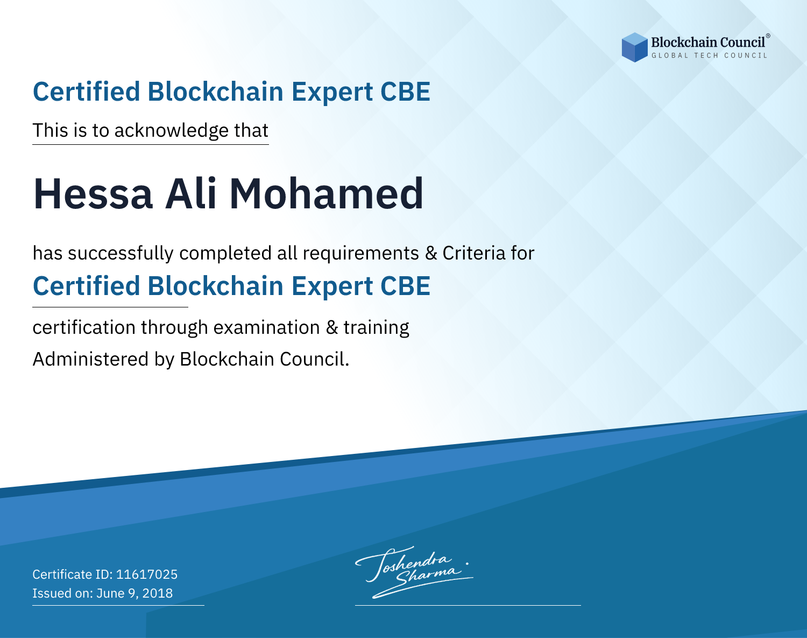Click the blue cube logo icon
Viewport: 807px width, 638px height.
(x=634, y=47)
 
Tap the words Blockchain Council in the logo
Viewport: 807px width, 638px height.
(x=708, y=43)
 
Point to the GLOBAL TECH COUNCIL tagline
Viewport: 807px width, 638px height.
(x=709, y=55)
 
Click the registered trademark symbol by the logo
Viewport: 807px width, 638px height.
(x=768, y=36)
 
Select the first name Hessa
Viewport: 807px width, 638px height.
(x=93, y=194)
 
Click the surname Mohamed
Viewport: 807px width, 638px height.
(x=327, y=194)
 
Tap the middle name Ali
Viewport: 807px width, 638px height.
(x=191, y=193)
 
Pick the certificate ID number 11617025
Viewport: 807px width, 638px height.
(x=147, y=574)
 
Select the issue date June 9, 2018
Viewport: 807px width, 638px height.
(x=134, y=593)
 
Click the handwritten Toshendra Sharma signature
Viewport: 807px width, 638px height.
(x=414, y=572)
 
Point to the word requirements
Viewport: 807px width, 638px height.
(x=361, y=254)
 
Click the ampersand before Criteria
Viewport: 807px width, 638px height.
(x=431, y=253)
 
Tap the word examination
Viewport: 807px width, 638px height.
(x=267, y=327)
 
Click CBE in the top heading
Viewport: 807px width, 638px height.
(x=405, y=92)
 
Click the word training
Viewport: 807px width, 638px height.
(x=377, y=328)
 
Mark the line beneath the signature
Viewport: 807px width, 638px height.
(x=468, y=605)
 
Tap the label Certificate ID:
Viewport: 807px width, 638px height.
(x=73, y=574)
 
